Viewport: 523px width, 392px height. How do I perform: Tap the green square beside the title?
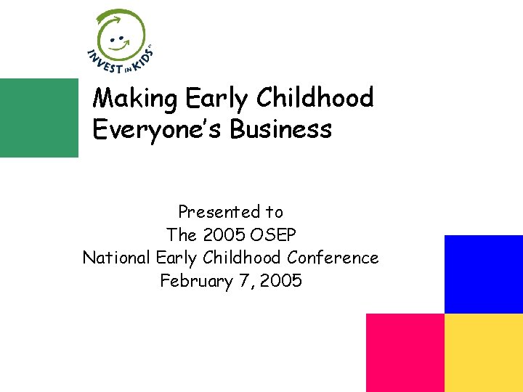pyautogui.click(x=38, y=118)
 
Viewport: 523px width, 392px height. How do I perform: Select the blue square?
pyautogui.click(x=483, y=274)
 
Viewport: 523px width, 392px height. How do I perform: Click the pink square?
pyautogui.click(x=405, y=353)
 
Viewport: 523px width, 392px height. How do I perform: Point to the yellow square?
pyautogui.click(x=483, y=353)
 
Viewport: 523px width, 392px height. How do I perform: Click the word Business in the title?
pyautogui.click(x=281, y=129)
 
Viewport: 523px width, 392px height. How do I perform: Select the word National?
pyautogui.click(x=115, y=258)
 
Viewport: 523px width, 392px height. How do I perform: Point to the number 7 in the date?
pyautogui.click(x=243, y=281)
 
